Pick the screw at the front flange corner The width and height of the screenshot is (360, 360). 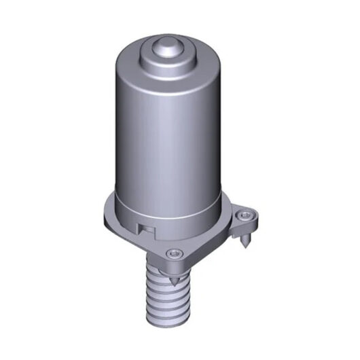point(175,253)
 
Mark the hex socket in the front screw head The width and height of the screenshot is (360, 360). point(175,253)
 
